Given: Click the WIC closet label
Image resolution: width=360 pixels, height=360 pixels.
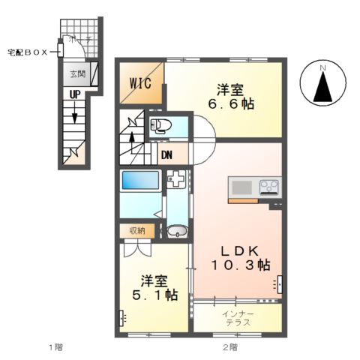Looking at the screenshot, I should [x=140, y=83].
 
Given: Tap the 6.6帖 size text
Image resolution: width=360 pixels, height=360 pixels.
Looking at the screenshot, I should [x=232, y=104].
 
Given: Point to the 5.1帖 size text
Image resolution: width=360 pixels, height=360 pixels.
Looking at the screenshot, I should [x=153, y=295].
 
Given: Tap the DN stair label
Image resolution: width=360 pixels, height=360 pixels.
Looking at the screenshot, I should [x=167, y=155].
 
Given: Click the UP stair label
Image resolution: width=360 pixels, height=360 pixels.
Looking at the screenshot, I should [x=75, y=95].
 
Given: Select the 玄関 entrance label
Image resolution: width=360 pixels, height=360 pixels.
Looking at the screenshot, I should [x=77, y=73].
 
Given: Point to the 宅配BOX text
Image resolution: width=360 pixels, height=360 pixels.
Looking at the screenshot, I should [x=27, y=52].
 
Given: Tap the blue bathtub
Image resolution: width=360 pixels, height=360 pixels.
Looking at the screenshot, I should [x=140, y=181].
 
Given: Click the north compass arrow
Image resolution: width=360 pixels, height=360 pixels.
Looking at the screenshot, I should [x=322, y=88].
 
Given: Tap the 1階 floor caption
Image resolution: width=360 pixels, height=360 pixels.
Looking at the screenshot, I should [x=55, y=346].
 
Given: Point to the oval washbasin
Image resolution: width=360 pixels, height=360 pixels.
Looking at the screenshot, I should [x=177, y=231].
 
